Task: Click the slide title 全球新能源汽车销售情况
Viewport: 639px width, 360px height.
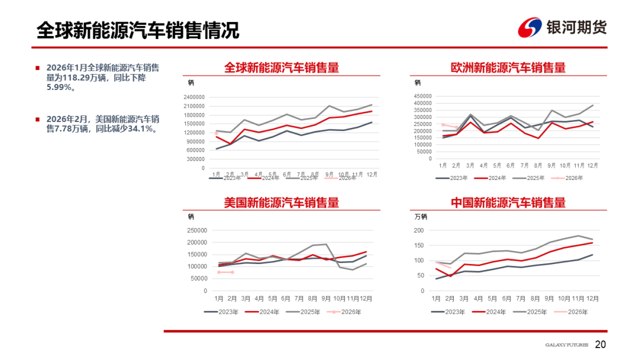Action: point(138,30)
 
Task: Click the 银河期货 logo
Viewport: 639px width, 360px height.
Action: point(561,27)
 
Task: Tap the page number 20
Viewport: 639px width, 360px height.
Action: point(600,345)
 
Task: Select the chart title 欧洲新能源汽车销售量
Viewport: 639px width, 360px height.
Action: point(508,67)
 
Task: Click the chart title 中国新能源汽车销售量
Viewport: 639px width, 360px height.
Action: point(508,202)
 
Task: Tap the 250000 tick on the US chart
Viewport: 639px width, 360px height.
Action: point(196,230)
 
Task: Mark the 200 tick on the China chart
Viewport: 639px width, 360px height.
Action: point(419,230)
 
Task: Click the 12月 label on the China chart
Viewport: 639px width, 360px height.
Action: point(592,298)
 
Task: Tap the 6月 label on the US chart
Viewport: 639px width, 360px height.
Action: point(286,298)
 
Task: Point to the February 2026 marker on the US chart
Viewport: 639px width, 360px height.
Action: point(232,272)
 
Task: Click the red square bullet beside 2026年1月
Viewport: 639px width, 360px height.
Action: point(38,67)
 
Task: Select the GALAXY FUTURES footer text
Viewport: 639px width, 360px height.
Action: point(566,345)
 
